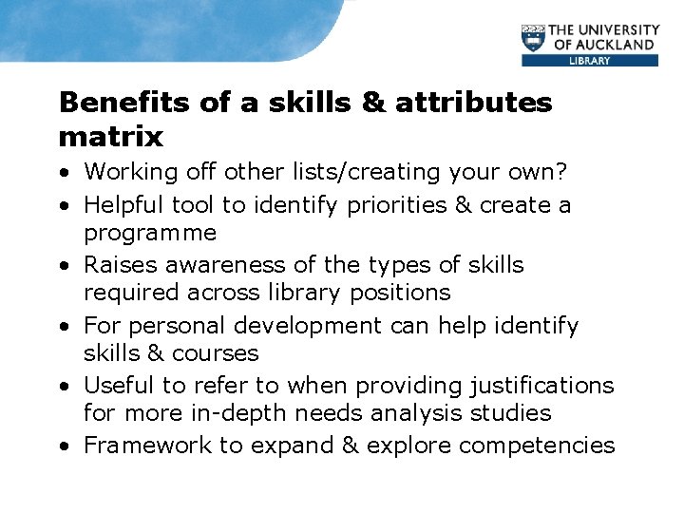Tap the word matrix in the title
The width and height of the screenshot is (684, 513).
click(111, 137)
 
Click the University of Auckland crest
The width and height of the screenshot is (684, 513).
click(535, 39)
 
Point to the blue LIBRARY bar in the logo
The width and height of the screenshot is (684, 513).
click(589, 61)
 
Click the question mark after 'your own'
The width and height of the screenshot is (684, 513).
click(561, 173)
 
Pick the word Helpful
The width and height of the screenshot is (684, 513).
click(121, 205)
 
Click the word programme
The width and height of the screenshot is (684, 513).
click(150, 234)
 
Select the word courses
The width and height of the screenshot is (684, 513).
click(213, 353)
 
